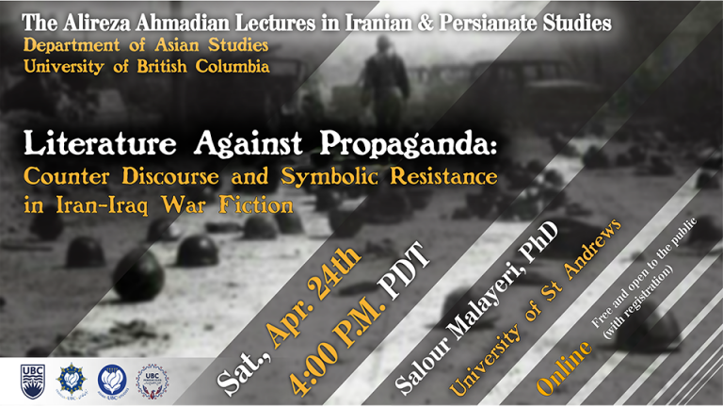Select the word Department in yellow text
coord(72,45)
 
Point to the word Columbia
coord(233,66)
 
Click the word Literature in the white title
coord(100,143)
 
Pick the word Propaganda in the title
coord(409,144)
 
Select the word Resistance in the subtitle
coord(443,176)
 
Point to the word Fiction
coord(256,204)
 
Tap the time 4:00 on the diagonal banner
coord(313,366)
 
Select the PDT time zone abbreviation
coord(405,271)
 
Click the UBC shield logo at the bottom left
coord(33,382)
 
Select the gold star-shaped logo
coord(72,381)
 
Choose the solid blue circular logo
coord(112,381)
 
